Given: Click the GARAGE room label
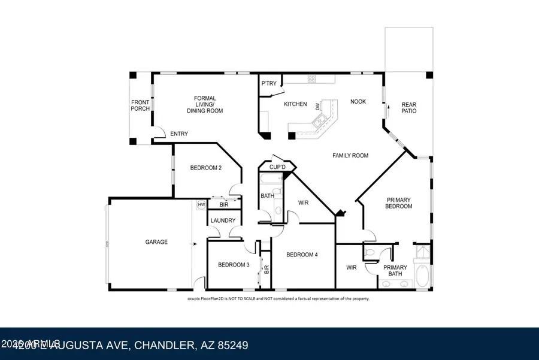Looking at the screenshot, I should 156,242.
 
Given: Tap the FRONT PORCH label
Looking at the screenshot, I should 140,105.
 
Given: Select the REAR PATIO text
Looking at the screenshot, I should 408,108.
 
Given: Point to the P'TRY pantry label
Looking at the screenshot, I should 269,83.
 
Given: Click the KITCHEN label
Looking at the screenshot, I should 295,104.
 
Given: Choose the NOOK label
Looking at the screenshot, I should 358,102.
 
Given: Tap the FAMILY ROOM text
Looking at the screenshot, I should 350,155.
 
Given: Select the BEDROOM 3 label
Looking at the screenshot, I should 233,265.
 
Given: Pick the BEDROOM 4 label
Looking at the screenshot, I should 302,255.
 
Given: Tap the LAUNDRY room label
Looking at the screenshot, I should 222,220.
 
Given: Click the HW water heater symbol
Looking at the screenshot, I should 201,205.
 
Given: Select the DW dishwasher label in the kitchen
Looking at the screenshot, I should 317,106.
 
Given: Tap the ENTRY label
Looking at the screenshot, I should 179,134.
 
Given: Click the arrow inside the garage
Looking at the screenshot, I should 194,244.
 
